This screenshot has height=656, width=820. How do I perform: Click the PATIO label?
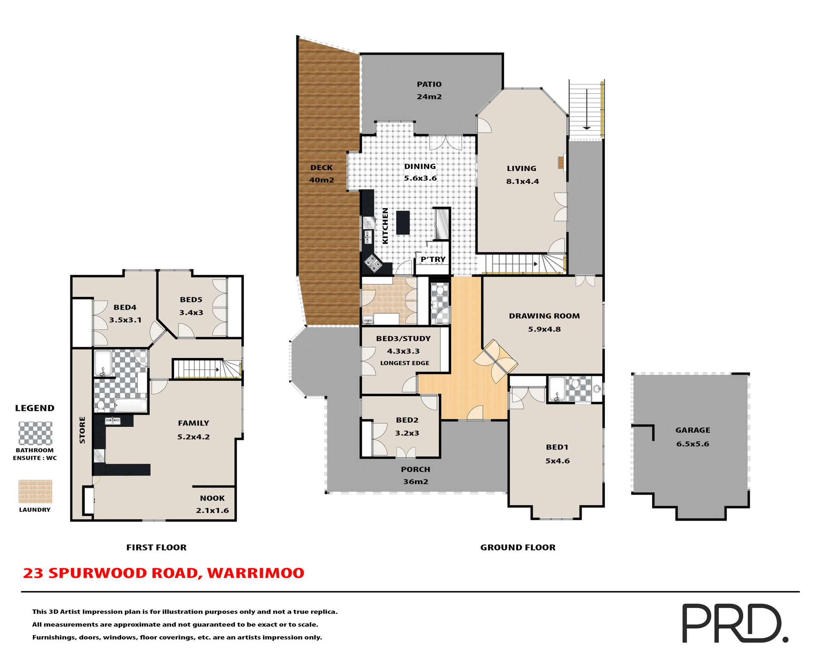[429, 85]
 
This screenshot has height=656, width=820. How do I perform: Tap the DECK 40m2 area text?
[322, 180]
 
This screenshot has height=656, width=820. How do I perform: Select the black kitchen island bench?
[403, 223]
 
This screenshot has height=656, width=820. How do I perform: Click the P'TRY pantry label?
[433, 259]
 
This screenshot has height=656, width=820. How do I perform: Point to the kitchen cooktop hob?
[373, 263]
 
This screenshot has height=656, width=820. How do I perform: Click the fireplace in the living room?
[561, 163]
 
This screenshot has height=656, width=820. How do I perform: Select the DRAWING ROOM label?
[544, 316]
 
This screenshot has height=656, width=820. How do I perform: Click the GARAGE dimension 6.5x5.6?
[692, 444]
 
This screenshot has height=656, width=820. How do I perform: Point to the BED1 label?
[557, 447]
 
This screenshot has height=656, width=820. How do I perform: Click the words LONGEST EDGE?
[404, 363]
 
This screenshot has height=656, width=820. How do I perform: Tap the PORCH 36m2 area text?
[415, 481]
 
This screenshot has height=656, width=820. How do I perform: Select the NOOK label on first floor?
[212, 498]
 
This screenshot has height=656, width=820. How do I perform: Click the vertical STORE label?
[82, 430]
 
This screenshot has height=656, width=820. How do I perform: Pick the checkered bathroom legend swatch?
[35, 433]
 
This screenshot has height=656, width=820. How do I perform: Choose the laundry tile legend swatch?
[35, 492]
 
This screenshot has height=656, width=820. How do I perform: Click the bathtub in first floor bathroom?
[131, 405]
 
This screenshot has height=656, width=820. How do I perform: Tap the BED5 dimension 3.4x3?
[191, 313]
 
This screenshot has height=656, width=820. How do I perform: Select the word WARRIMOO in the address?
[255, 573]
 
